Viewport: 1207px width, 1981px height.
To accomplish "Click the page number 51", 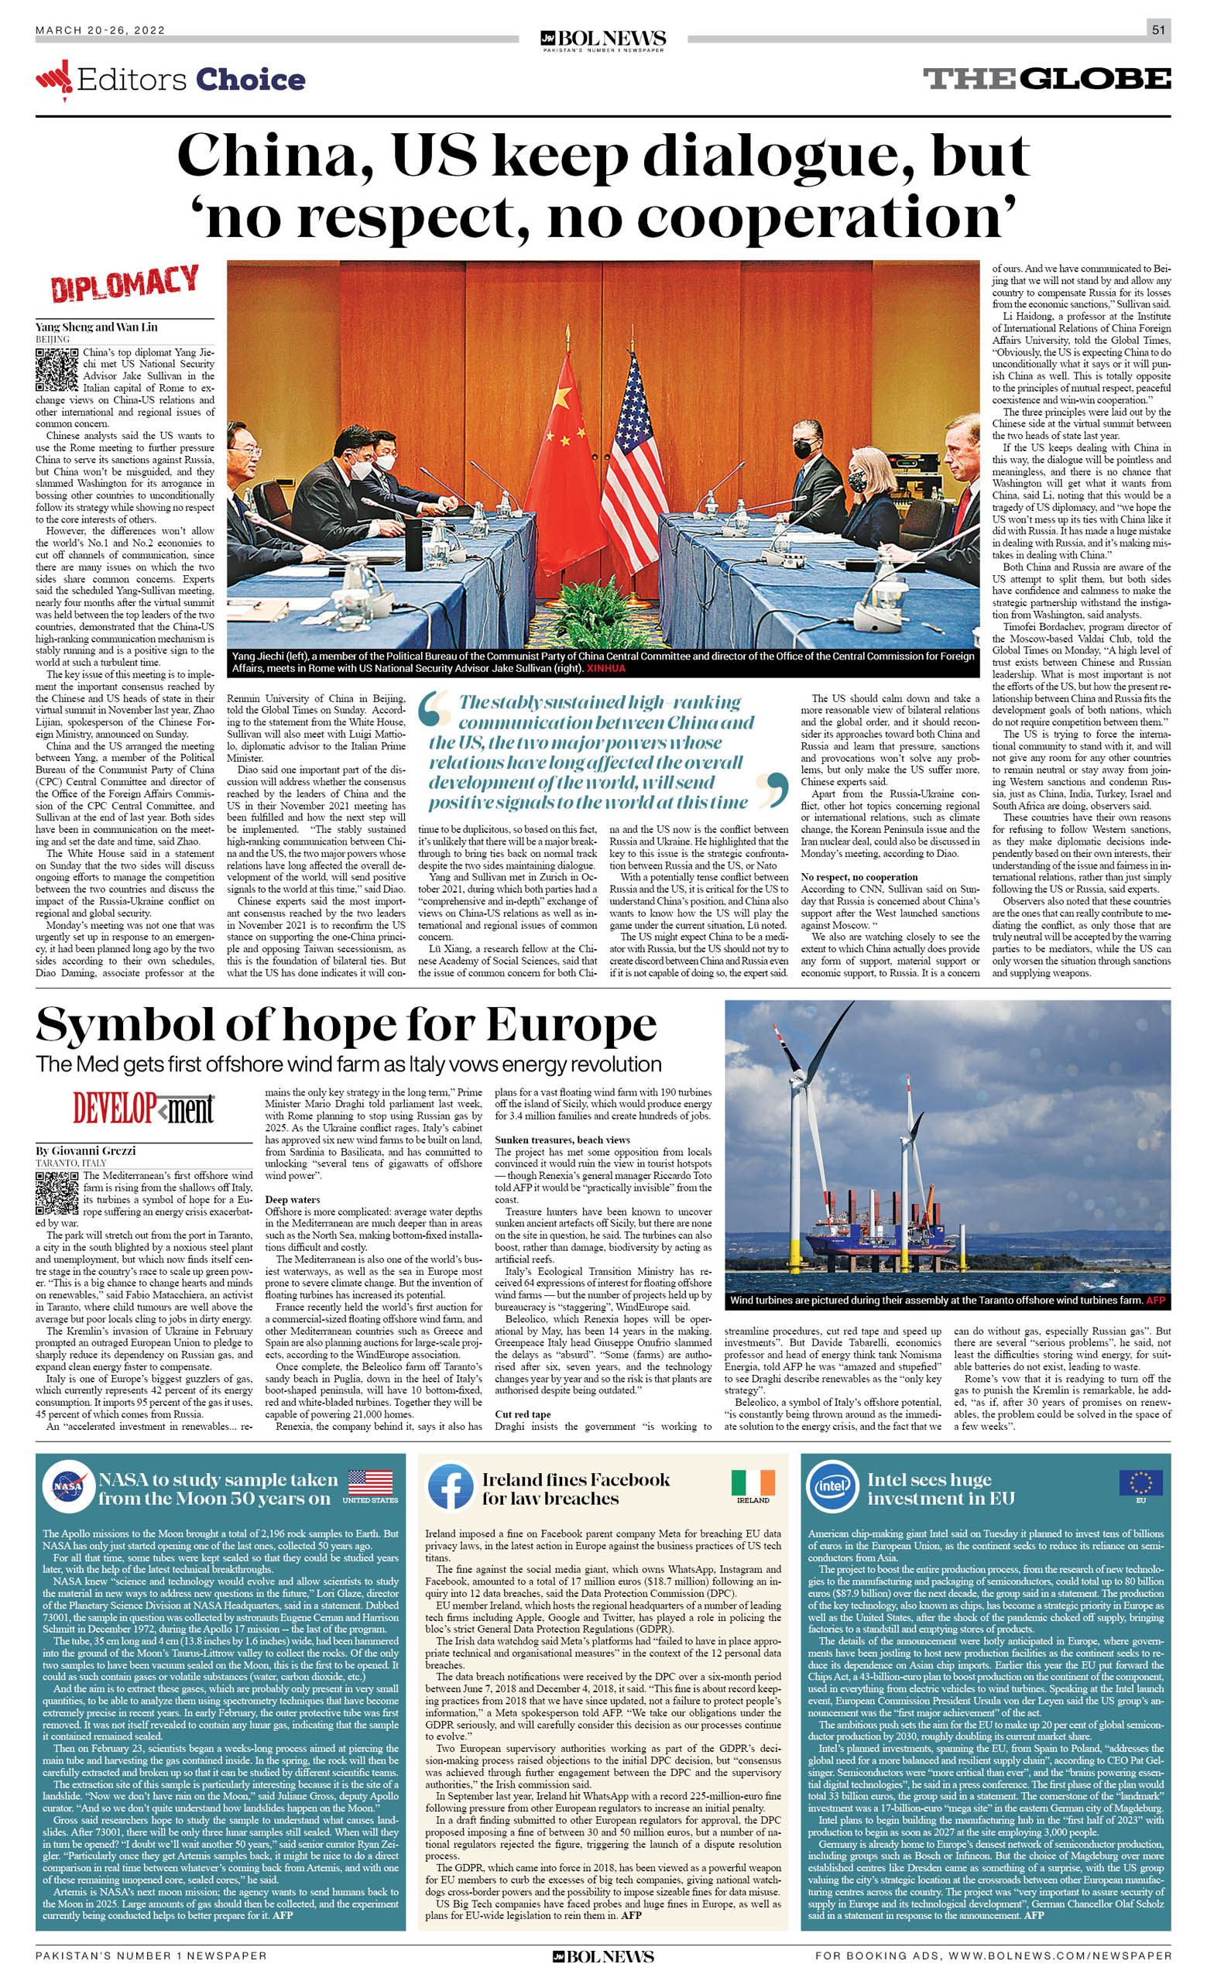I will [1158, 30].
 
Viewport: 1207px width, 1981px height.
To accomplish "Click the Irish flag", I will [753, 1482].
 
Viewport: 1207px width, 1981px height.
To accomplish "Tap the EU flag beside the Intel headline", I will [1140, 1482].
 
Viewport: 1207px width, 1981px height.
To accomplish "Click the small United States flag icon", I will [370, 1482].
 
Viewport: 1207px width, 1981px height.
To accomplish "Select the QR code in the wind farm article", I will [57, 1192].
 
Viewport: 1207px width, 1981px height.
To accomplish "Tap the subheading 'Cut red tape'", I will [523, 1414].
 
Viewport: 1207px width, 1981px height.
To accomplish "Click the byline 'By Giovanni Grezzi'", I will [85, 1150].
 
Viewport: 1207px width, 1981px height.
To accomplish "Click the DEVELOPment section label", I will [143, 1109].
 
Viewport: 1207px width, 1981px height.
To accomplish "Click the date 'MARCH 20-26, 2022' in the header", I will [100, 30].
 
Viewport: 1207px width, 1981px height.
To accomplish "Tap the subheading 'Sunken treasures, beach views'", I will [562, 1140].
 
